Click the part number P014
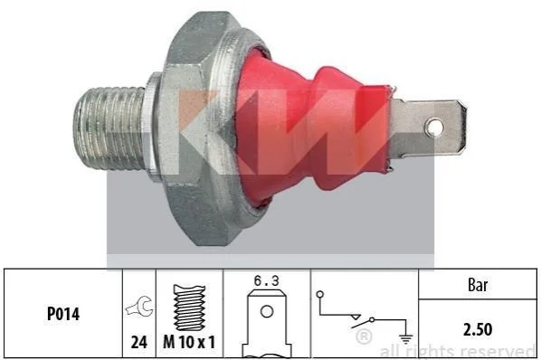(x=63, y=314)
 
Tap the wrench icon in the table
(x=139, y=306)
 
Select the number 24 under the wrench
(x=139, y=343)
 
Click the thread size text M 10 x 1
(x=189, y=343)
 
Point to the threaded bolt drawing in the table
(x=189, y=308)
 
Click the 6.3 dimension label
(x=266, y=280)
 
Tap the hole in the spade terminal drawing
(x=267, y=312)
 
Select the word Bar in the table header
(x=478, y=285)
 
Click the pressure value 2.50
(x=478, y=329)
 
